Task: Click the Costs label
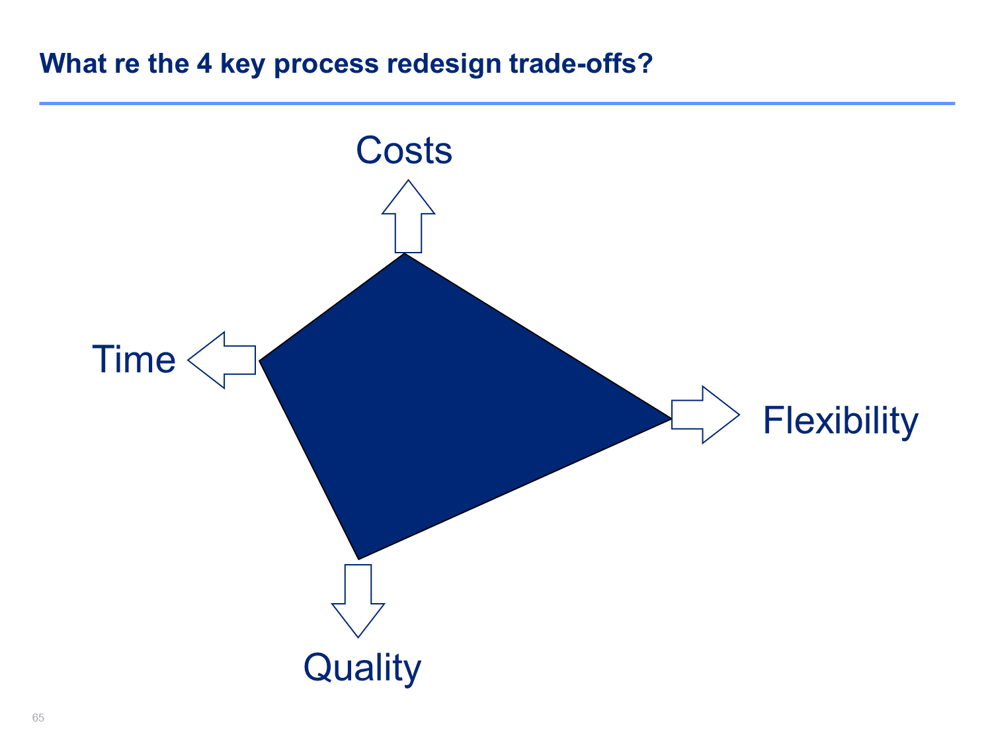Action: point(404,150)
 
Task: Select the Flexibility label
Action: point(840,421)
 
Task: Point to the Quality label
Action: point(362,668)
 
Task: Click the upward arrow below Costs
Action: point(408,216)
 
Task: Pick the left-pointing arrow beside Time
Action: point(222,360)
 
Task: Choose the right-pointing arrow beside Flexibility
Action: point(705,415)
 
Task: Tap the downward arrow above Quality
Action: point(358,600)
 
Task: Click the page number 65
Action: point(38,718)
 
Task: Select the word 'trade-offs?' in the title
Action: point(581,63)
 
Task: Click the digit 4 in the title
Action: point(204,63)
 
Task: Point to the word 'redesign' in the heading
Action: point(444,64)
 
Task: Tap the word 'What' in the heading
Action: point(73,63)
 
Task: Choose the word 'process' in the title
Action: point(326,65)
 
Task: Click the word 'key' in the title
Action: point(243,64)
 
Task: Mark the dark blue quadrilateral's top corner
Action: point(405,253)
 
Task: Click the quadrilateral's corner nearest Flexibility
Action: point(671,419)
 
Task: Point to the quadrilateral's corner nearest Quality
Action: point(358,559)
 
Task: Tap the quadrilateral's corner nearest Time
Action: point(259,360)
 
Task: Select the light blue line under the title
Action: point(497,103)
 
